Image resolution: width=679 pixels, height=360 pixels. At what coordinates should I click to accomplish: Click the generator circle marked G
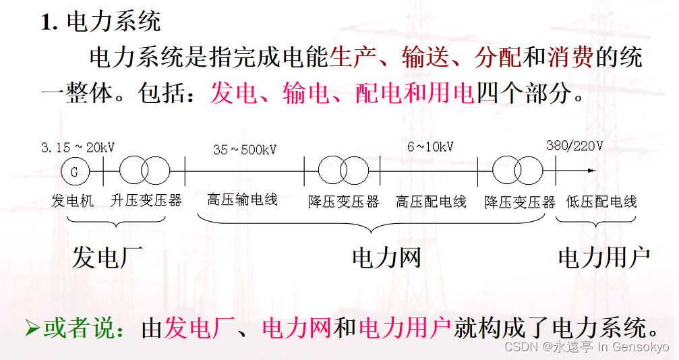click(x=74, y=172)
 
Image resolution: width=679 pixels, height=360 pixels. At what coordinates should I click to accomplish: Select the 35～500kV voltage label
click(x=245, y=150)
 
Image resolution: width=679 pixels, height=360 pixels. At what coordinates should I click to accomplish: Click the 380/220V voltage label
click(x=575, y=146)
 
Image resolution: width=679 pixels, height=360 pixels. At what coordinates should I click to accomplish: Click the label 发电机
click(x=73, y=200)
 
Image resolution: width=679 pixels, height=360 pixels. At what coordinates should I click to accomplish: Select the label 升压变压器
click(x=146, y=200)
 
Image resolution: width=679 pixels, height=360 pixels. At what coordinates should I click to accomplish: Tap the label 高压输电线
click(x=243, y=200)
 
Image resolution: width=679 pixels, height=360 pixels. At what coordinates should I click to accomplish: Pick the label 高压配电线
click(x=431, y=202)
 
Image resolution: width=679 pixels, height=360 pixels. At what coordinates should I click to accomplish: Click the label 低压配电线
click(x=602, y=202)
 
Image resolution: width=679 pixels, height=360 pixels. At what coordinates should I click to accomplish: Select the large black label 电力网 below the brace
click(x=386, y=257)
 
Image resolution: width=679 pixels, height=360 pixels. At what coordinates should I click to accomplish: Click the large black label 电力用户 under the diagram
click(x=603, y=257)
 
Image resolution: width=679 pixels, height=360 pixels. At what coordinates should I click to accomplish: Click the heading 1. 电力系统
click(x=101, y=22)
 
